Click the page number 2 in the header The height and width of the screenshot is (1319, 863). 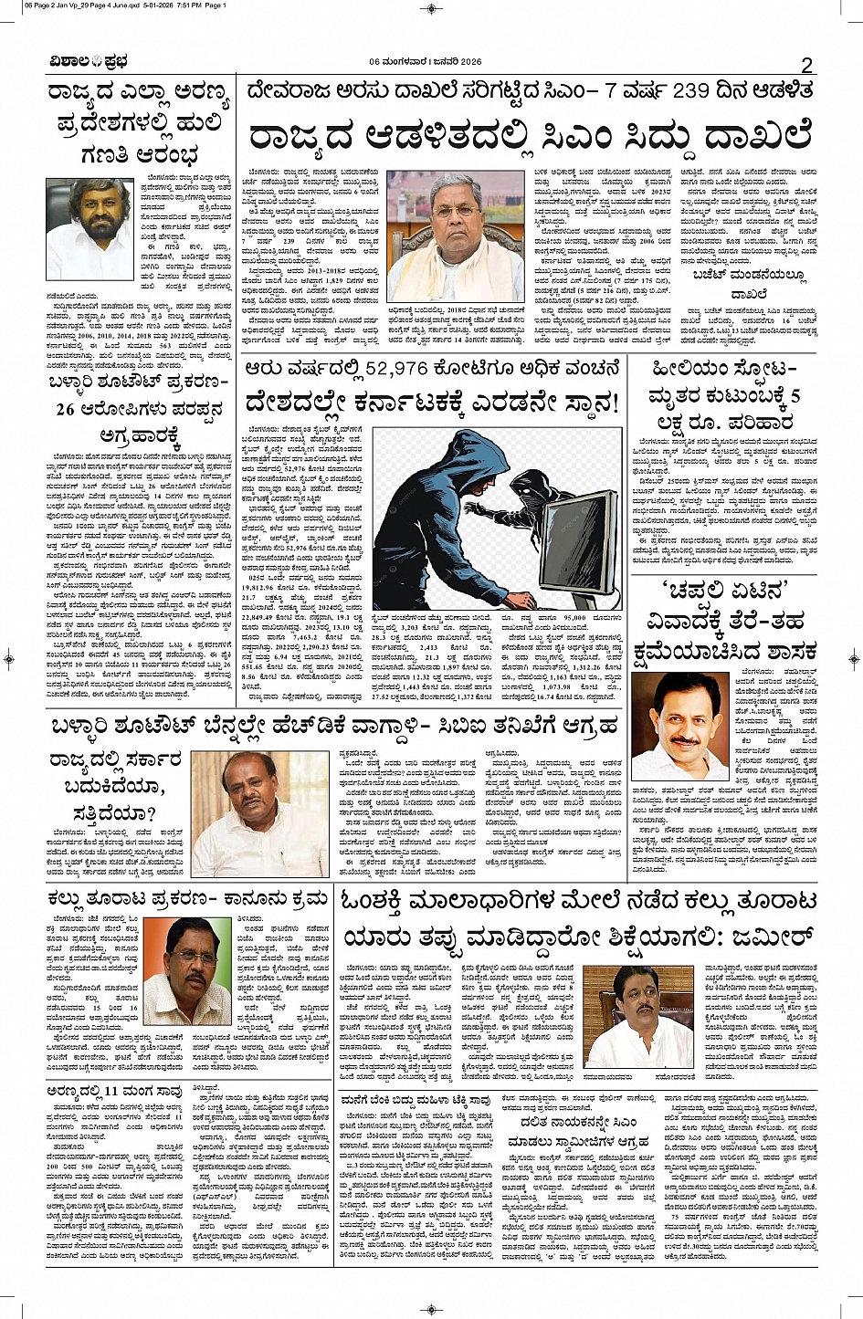point(806,65)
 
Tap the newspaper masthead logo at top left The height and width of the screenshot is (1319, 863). point(89,62)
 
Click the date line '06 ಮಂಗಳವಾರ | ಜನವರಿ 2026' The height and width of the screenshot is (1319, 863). point(426,62)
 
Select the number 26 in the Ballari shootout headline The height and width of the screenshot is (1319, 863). point(66,409)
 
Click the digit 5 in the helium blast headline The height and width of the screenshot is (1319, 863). point(795,396)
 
